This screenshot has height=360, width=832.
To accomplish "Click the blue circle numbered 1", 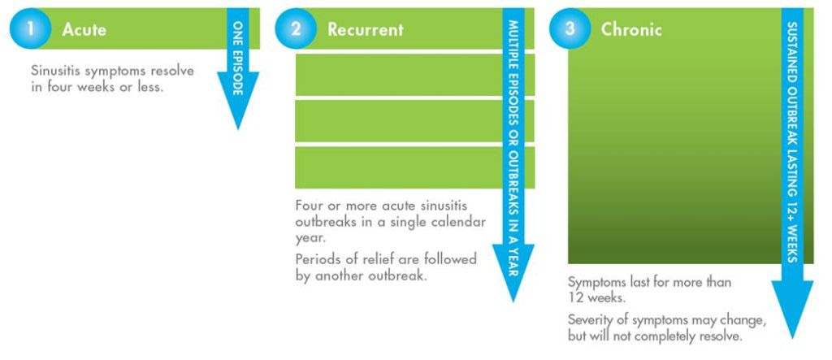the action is point(30,28).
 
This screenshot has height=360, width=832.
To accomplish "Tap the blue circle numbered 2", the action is point(296,28).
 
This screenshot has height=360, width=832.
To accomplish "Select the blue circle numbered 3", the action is point(570,28).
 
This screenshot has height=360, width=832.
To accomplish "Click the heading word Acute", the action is point(84,29).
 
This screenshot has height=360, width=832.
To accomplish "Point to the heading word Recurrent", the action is point(365,29).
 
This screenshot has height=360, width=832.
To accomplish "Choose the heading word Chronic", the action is point(630,29).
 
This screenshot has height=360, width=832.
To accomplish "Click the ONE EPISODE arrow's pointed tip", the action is point(238,129).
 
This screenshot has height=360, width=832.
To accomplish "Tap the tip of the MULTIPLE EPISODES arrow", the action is point(513,301).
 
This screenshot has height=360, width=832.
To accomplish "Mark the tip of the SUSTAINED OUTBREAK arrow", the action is point(792,338).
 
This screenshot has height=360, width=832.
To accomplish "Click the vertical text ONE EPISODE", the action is point(238,58).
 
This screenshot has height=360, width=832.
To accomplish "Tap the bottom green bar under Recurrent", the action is point(415,167).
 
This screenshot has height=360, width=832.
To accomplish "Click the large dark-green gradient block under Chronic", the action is point(674,156).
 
